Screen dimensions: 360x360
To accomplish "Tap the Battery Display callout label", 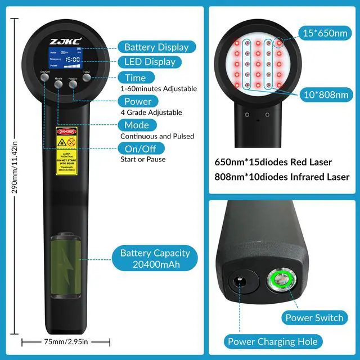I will (x=156, y=47).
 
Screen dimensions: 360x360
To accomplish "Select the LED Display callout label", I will (x=150, y=62).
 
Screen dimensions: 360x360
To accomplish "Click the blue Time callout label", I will (x=136, y=78).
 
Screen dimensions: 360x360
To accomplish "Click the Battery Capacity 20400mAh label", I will (x=155, y=258).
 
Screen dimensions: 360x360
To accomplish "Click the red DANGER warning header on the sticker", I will (x=65, y=131).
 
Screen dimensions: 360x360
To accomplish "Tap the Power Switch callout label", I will (x=314, y=318).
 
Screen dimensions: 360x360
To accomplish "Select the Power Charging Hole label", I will (x=272, y=341).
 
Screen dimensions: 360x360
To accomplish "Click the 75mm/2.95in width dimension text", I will (x=65, y=341).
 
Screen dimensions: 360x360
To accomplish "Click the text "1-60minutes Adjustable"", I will (x=159, y=89).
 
